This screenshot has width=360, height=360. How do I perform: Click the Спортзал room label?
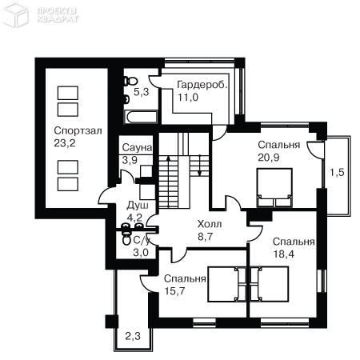78,131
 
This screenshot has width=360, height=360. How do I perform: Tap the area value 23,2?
65,143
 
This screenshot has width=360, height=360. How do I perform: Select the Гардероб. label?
202,85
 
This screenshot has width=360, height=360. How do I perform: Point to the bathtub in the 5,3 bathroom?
141,117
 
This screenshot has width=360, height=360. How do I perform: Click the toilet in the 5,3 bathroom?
130,81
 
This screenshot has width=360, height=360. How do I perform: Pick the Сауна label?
137,147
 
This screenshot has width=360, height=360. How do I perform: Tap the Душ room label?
138,206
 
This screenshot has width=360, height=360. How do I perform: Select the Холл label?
210,224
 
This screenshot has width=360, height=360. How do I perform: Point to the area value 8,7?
205,237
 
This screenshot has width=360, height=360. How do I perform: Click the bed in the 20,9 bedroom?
274,187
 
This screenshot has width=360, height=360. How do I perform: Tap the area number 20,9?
269,158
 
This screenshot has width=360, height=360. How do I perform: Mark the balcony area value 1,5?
337,173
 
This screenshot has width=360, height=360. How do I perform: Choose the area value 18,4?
284,254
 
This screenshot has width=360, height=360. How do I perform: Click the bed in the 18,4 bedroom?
270,284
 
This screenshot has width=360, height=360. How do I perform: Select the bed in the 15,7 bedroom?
227,284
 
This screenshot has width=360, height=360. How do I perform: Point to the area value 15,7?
174,291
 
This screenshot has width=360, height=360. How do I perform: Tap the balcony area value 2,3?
133,336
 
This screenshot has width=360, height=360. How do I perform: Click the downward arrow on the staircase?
200,165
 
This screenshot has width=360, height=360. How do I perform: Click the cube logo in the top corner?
16,14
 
